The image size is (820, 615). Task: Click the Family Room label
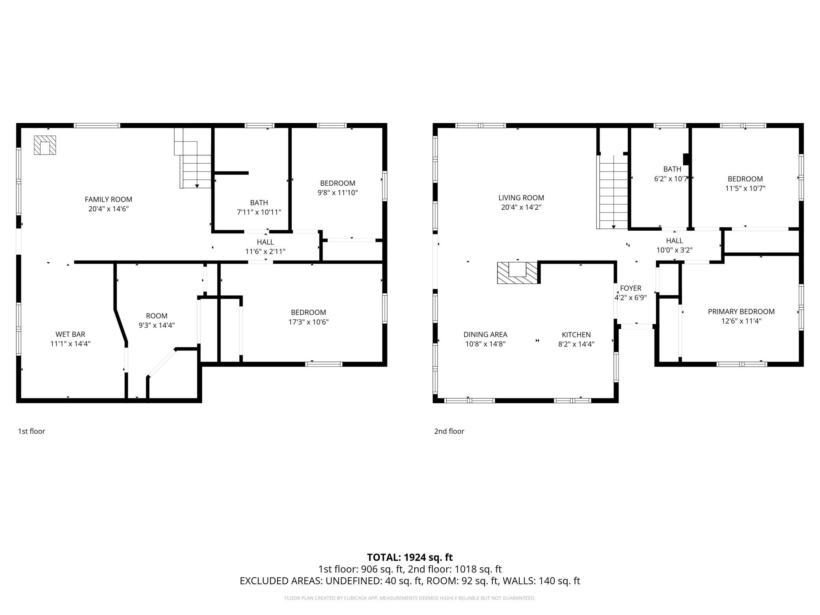coord(108,199)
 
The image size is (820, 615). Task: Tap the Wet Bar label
coord(70,335)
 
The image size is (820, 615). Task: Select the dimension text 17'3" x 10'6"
coord(308,322)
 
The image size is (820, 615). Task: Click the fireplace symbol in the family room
coord(45,145)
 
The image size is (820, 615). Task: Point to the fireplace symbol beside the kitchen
coord(518,272)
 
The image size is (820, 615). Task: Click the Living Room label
coord(521,198)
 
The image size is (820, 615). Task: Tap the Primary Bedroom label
coord(741,311)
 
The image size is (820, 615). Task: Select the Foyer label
coord(630,288)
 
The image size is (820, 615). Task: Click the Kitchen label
coord(576,335)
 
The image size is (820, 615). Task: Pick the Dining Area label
coord(485,335)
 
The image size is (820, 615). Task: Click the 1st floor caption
coord(32,431)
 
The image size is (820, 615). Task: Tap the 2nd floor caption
coord(449,431)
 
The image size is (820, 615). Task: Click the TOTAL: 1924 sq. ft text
coord(410,557)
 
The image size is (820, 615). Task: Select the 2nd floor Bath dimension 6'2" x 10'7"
coord(672,179)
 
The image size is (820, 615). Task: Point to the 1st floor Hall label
coord(265,242)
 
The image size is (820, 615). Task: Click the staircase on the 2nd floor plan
coord(613,192)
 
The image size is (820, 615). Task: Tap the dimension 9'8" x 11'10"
coord(338,193)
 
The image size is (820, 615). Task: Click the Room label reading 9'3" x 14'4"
coord(157,316)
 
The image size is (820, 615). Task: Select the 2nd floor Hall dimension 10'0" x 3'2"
coord(675,250)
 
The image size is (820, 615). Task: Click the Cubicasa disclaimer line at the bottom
coord(410,598)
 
